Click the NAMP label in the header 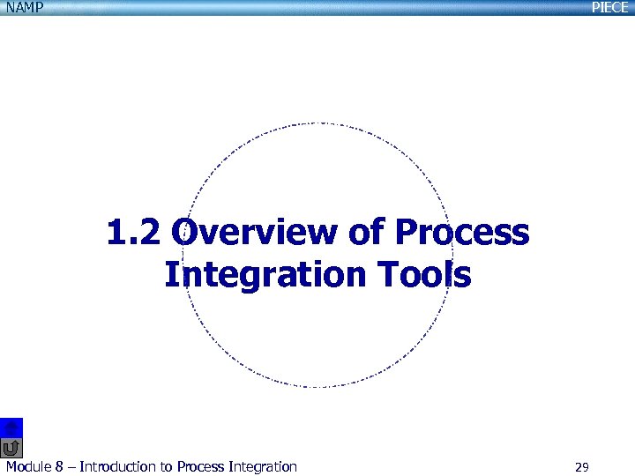24,7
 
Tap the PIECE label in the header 609,7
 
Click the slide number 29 581,467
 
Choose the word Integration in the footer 263,467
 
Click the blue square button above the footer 11,427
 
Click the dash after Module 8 71,467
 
